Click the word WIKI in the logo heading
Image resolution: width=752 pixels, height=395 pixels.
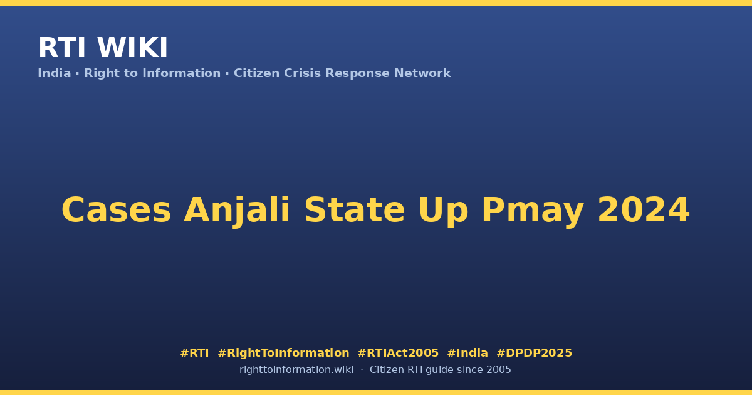[x=132, y=48]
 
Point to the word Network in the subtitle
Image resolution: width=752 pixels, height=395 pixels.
[x=422, y=73]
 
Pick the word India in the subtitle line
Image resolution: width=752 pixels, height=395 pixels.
[x=55, y=73]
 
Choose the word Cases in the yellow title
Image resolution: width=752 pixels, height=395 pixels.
[x=116, y=210]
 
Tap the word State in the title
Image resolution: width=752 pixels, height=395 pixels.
[x=355, y=210]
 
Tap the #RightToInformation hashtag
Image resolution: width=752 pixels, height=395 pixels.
[x=283, y=353]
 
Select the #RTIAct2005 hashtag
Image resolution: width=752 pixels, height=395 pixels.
[x=398, y=353]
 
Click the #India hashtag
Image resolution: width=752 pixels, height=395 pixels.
[x=467, y=353]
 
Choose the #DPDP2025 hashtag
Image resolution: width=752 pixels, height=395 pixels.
[x=534, y=353]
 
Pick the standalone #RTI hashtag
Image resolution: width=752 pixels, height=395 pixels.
[x=194, y=353]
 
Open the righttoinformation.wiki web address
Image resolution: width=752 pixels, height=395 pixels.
[x=296, y=370]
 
